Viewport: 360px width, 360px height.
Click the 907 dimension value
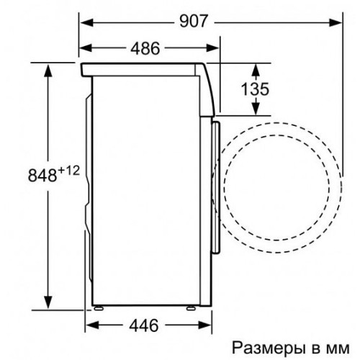(193, 21)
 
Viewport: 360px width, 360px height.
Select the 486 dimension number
(145, 48)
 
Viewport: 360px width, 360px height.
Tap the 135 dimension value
(255, 89)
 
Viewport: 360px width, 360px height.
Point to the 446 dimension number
(144, 325)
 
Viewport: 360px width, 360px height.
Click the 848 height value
(42, 175)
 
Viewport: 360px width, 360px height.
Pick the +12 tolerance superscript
(68, 171)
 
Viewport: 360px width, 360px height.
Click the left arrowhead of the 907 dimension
(86, 23)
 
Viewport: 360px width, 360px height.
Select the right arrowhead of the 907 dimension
(335, 23)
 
